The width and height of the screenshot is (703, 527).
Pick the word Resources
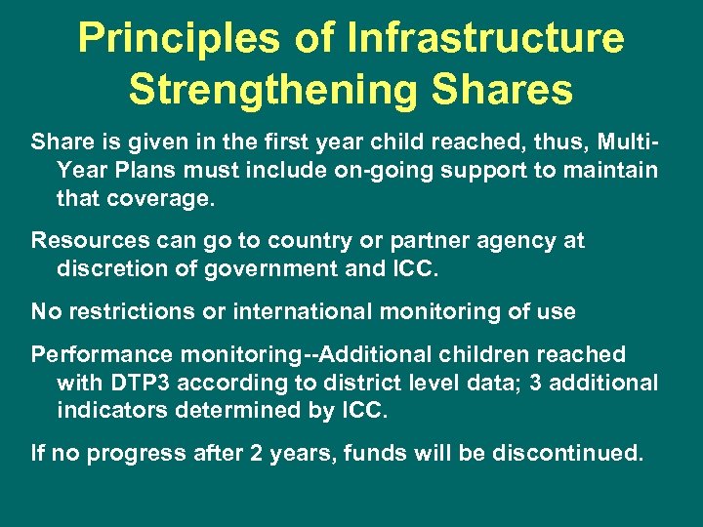pyautogui.click(x=88, y=240)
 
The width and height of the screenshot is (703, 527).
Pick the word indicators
pyautogui.click(x=111, y=410)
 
